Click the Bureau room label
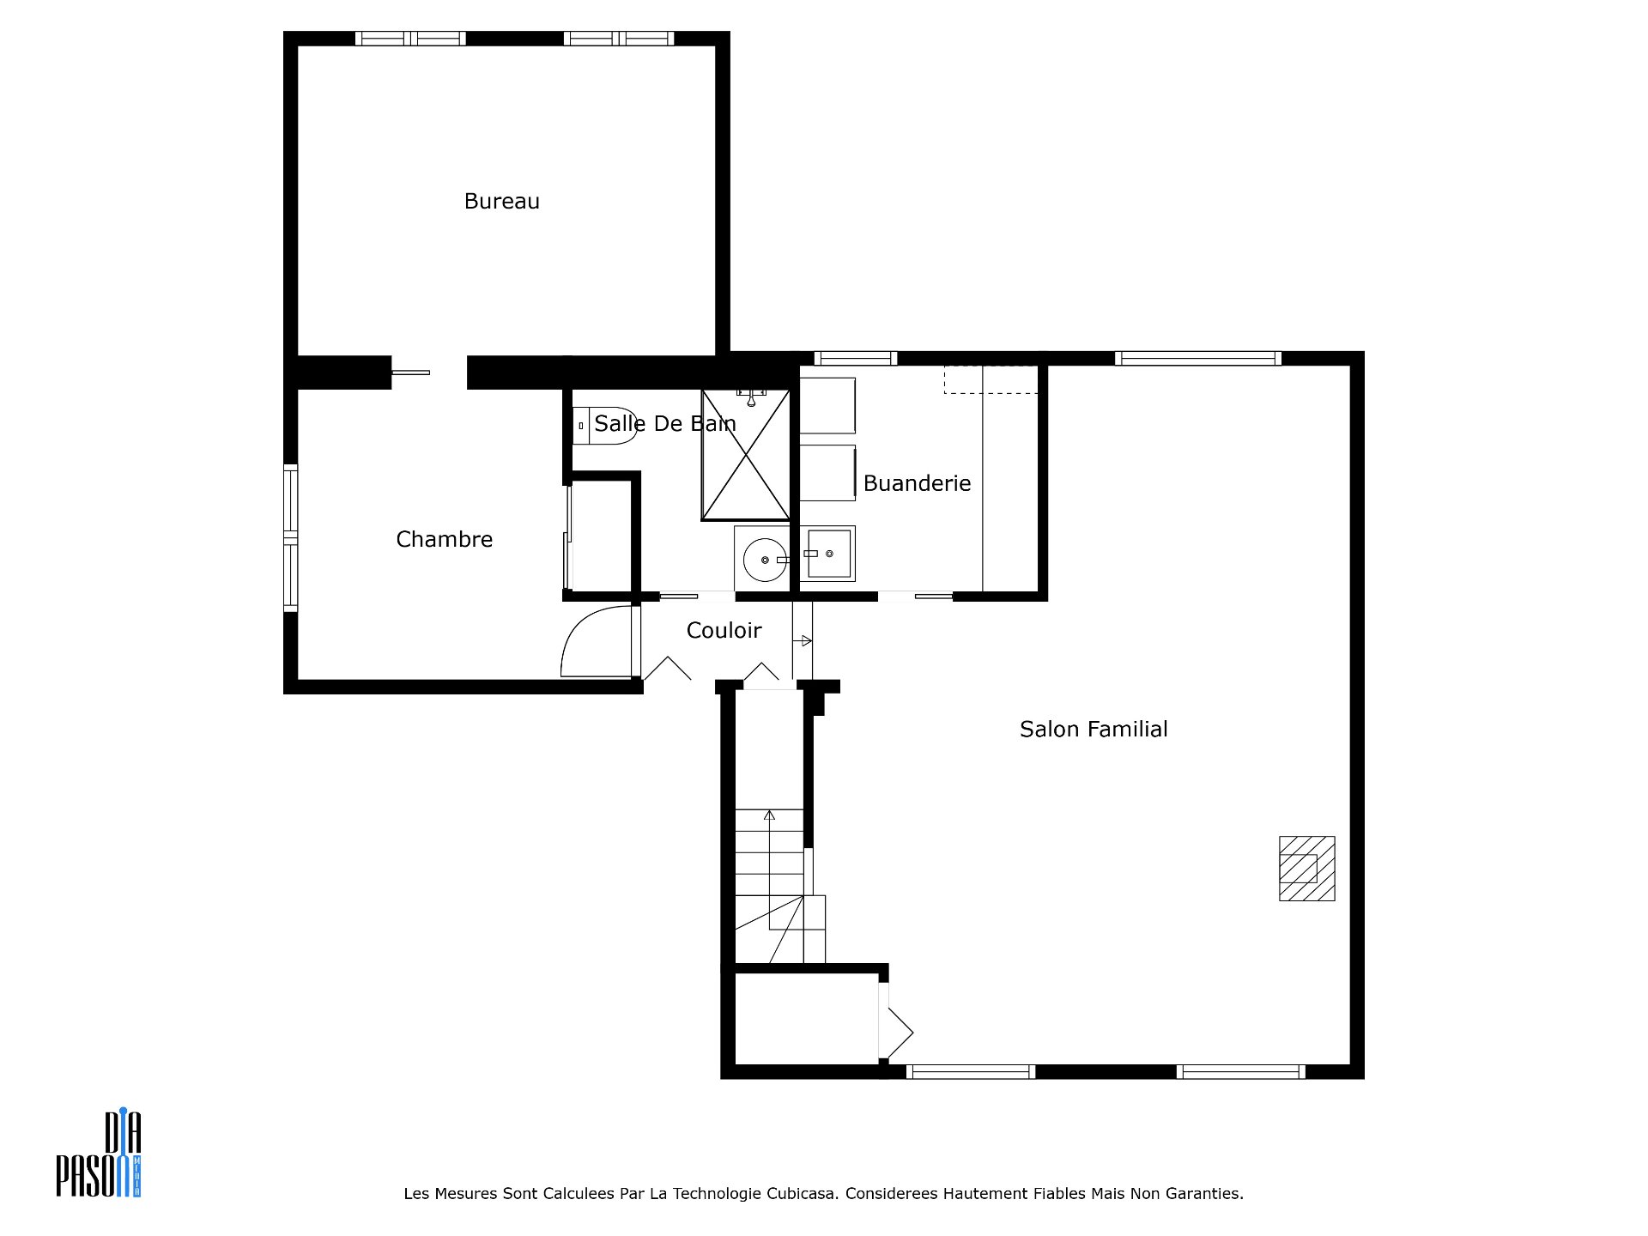click(501, 201)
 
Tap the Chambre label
click(444, 539)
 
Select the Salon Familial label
click(1094, 729)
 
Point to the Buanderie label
click(917, 483)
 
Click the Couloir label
click(724, 631)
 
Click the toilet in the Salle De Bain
click(604, 425)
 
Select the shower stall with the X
click(745, 455)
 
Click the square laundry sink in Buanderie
click(828, 554)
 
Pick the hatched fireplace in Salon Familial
click(1306, 868)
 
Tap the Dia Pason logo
click(99, 1154)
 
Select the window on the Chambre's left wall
click(291, 538)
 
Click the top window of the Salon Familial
click(1198, 358)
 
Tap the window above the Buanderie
click(855, 358)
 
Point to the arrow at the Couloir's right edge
click(803, 640)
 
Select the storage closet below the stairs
click(807, 1018)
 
